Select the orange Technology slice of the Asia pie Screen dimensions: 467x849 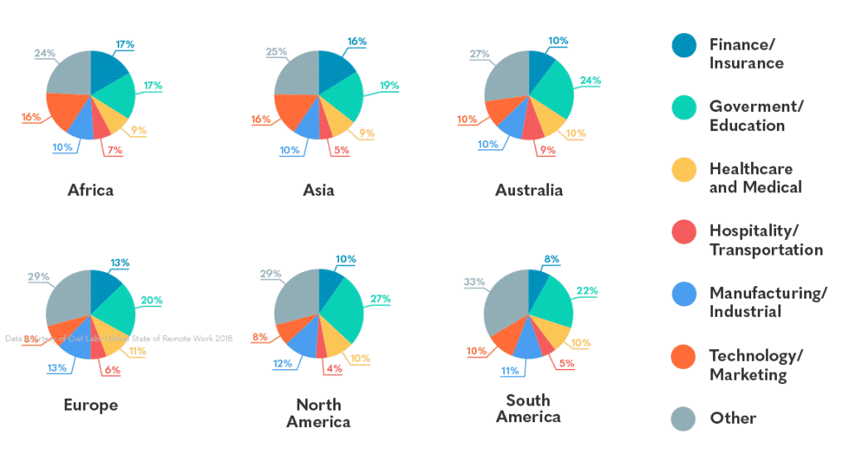[292, 111]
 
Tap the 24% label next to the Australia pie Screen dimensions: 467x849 [589, 81]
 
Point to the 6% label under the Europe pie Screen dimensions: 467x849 [112, 370]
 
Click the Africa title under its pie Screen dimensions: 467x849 [90, 190]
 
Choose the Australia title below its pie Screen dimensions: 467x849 [528, 190]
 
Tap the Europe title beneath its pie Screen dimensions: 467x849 [90, 406]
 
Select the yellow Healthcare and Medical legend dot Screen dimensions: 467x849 [684, 169]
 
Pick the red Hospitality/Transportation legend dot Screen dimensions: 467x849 [684, 231]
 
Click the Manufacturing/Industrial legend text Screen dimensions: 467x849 [767, 301]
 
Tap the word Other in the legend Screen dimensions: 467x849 [733, 418]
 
